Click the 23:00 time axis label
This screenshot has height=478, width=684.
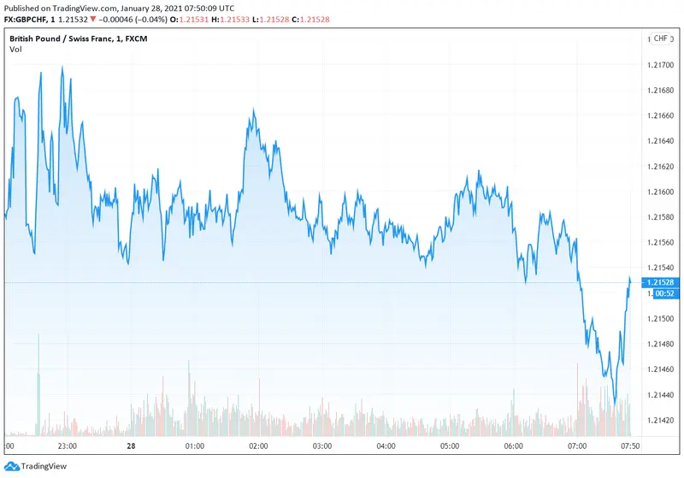[68, 446]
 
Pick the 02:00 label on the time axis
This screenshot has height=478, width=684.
[258, 446]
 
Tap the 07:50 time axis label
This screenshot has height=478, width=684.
[630, 446]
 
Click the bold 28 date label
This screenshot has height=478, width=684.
[131, 446]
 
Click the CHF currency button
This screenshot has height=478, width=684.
[661, 38]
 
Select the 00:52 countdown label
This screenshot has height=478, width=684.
[663, 293]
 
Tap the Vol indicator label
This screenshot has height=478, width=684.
[15, 50]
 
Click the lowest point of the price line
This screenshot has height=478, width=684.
[615, 404]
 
